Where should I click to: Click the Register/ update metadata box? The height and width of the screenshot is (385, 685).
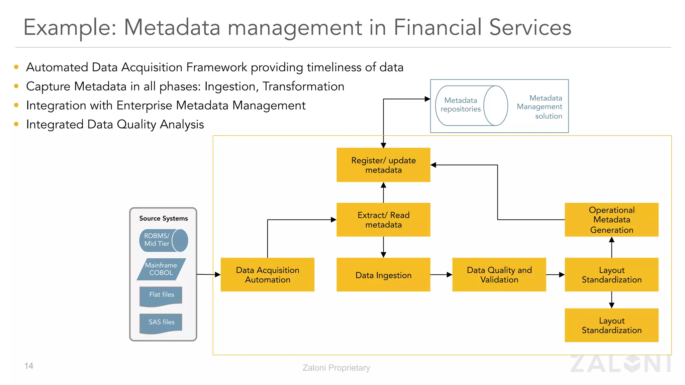(x=383, y=165)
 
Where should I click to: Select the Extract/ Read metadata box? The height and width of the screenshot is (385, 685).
(x=383, y=220)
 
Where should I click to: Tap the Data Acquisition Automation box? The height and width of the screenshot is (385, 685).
(x=267, y=275)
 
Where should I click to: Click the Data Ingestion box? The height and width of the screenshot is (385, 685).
(x=383, y=275)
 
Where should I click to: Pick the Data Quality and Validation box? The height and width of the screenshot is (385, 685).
(x=499, y=275)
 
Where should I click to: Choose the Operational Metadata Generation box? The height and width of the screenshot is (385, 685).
(x=611, y=220)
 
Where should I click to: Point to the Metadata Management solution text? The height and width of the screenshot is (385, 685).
(x=540, y=107)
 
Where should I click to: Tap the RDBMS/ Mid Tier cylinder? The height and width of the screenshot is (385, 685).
(x=163, y=240)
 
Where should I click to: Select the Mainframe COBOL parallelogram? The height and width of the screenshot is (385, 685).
(x=161, y=269)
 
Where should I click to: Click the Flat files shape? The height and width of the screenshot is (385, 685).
(x=161, y=295)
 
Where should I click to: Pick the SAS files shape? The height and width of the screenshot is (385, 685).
(x=161, y=323)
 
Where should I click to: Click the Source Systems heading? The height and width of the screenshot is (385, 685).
(x=163, y=218)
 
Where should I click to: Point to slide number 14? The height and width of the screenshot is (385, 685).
(x=29, y=366)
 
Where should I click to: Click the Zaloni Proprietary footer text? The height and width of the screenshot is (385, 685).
(x=336, y=368)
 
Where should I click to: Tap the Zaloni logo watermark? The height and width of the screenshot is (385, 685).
(x=620, y=364)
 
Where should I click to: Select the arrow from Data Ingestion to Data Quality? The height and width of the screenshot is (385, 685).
(x=441, y=275)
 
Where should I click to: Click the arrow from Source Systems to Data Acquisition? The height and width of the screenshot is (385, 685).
(x=208, y=274)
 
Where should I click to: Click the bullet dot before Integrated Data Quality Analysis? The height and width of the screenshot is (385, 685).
(x=16, y=124)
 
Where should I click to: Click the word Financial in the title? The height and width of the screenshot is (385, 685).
(x=437, y=27)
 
